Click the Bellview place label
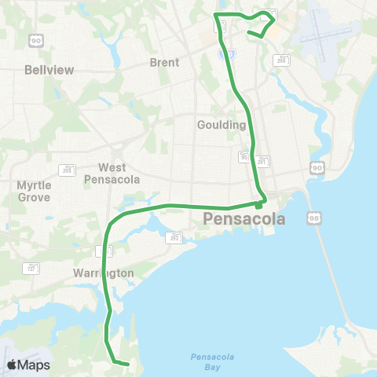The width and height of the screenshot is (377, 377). (x=49, y=70)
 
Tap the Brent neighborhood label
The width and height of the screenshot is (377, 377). (x=164, y=63)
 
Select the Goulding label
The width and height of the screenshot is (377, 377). (x=221, y=124)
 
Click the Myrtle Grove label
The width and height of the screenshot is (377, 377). (x=34, y=191)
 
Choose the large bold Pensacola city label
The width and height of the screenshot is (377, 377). (x=243, y=219)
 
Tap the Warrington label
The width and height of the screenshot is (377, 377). (x=104, y=273)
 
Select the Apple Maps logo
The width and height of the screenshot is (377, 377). (x=29, y=364)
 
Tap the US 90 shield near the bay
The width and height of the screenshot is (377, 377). (x=316, y=167)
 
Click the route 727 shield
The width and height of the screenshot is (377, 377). (x=32, y=268)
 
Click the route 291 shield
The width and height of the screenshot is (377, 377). (x=262, y=160)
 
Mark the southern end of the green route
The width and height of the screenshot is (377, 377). (x=127, y=364)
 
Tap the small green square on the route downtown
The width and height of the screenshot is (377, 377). (x=258, y=207)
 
